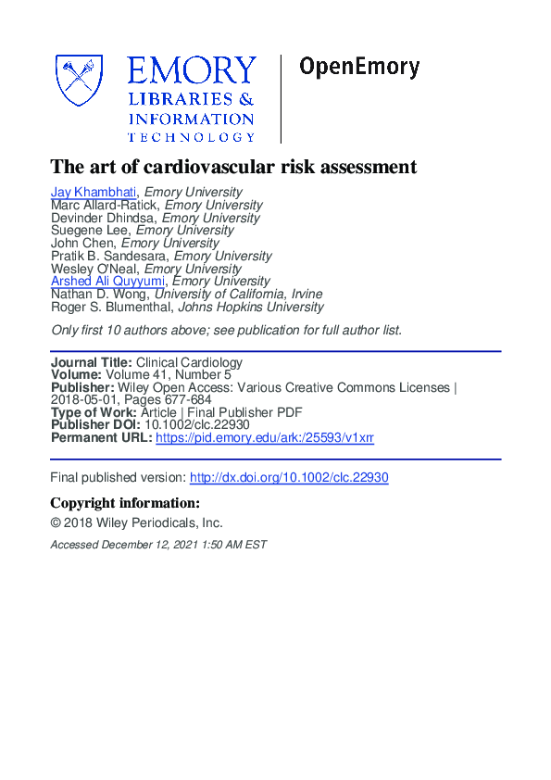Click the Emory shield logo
81,81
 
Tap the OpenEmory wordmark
359,68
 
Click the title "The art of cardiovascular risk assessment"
233,167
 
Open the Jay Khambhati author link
94,193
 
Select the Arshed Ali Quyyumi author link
108,281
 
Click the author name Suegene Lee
91,231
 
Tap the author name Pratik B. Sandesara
108,256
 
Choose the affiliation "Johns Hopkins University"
251,307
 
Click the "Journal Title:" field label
92,362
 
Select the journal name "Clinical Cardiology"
189,362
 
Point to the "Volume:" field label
76,375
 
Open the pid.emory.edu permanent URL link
265,437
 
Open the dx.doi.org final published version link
289,478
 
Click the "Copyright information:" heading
125,503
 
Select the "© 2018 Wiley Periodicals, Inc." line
136,522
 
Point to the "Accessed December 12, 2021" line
157,545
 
